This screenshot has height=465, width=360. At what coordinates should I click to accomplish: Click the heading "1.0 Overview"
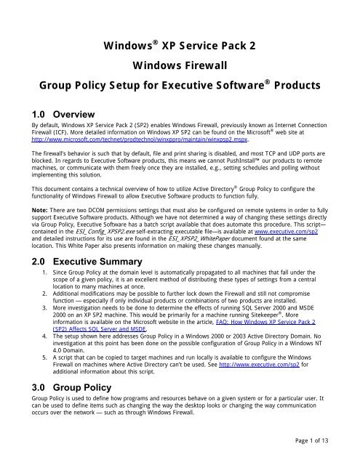(45, 115)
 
